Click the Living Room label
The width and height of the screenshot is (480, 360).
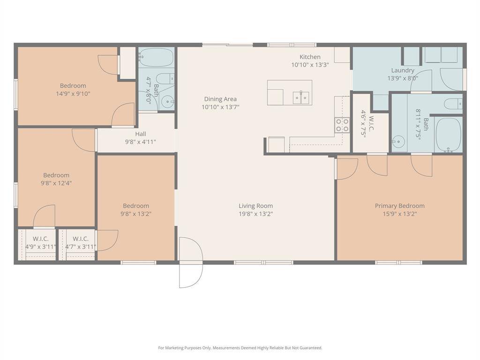(255, 206)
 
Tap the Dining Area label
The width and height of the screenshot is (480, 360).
(220, 99)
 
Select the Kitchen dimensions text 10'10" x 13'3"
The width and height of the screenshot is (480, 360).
(310, 65)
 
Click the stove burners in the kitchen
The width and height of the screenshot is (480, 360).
(342, 125)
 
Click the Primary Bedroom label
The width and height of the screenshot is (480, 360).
(400, 206)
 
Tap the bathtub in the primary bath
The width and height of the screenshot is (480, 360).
(449, 135)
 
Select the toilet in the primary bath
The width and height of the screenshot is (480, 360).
(453, 104)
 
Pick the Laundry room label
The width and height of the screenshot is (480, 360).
(403, 70)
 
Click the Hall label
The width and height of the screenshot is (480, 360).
(141, 134)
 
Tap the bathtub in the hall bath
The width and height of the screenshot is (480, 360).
(156, 57)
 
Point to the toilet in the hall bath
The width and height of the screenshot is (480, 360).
(165, 79)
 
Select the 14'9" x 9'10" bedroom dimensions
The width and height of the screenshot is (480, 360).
(73, 94)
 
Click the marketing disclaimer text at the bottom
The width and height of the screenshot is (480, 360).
(240, 348)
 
